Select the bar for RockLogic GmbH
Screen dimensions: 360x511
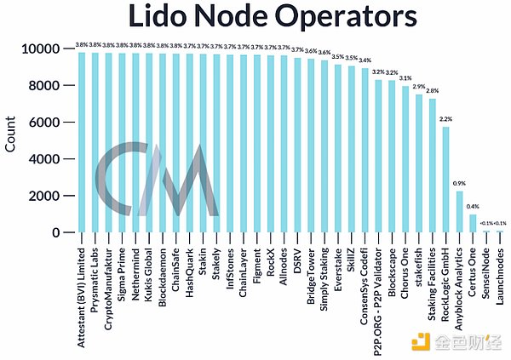(x=445, y=179)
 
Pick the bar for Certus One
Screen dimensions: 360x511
(x=473, y=223)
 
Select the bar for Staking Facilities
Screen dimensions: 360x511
(x=432, y=165)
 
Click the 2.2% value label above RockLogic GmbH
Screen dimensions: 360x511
(x=445, y=120)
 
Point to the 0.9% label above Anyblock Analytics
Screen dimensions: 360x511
(x=459, y=184)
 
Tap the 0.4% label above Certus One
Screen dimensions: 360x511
(x=473, y=207)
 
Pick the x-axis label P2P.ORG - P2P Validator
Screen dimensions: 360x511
(x=377, y=290)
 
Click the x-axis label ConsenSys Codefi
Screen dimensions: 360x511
(x=365, y=276)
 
